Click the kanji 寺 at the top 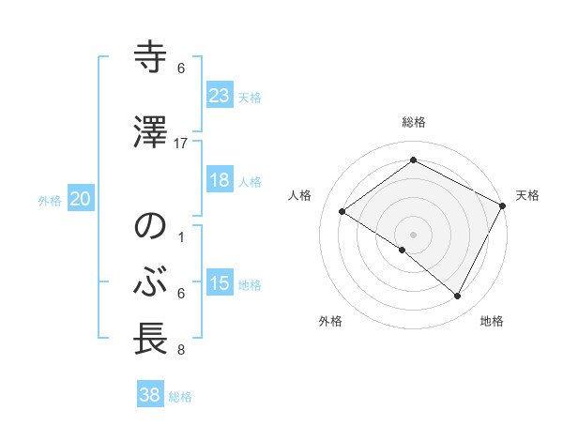151,58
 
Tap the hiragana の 151,227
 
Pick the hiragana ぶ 151,281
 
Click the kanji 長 151,339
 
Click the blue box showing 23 219,96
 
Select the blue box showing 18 219,180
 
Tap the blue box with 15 219,283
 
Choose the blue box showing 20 80,199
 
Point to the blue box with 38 149,395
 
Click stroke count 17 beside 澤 181,144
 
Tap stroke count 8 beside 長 181,351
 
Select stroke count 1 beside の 181,237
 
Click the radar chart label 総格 413,122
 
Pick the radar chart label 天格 527,195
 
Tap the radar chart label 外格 330,322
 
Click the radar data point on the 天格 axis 503,205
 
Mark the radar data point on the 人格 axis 342,212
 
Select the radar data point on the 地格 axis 458,297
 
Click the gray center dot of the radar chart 413,234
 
